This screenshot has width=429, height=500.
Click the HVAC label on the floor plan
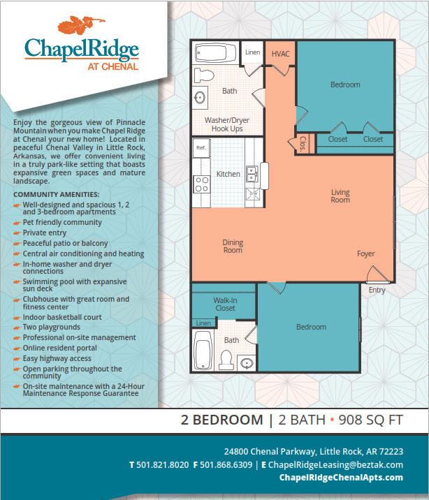coord(280,54)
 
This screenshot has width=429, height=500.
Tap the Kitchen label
coord(228,174)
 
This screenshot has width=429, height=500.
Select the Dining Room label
coord(233,247)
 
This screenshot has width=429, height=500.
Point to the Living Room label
coord(340,196)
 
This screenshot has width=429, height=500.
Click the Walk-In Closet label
coord(225,304)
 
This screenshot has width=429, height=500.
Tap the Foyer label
coord(366,253)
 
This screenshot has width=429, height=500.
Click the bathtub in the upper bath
coord(215,52)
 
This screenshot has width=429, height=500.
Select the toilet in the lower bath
coord(226,360)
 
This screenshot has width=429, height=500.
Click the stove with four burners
coord(202,184)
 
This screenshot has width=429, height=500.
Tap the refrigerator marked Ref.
coord(201,147)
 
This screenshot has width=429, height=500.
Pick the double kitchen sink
coord(252,174)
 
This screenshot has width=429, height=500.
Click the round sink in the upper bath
coord(201,98)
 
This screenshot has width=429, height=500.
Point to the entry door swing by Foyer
coord(378,274)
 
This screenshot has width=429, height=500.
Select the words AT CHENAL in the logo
coord(113,66)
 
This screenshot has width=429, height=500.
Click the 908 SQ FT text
coord(371,420)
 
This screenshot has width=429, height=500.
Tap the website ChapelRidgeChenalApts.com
coord(341,478)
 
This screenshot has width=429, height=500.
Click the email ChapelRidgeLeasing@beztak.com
coord(335,465)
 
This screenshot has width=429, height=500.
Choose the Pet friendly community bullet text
coord(62,222)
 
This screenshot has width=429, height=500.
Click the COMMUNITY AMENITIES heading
coord(56,195)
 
